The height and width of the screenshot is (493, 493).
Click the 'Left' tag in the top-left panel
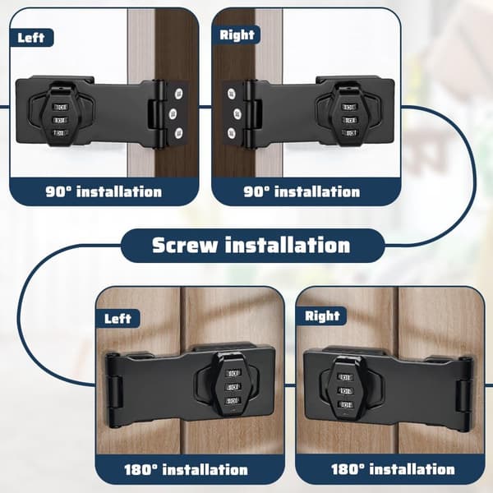click(31, 38)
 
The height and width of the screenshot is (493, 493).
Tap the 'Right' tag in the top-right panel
click(237, 35)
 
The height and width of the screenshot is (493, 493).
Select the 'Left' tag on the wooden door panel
click(117, 319)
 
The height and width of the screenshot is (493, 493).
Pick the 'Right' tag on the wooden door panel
click(322, 316)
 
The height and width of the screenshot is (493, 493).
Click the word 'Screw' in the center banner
click(185, 245)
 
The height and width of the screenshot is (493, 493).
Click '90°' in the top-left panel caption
click(58, 191)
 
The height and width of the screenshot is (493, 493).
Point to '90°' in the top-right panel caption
click(256, 191)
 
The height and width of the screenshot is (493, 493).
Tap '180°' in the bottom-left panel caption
click(141, 470)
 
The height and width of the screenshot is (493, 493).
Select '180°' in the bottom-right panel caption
click(348, 469)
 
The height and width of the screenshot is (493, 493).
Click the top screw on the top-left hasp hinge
click(178, 94)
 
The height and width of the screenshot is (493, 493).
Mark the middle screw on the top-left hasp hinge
click(173, 113)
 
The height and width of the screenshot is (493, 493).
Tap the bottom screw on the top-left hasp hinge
click(178, 133)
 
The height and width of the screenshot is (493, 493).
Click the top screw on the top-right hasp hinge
click(232, 94)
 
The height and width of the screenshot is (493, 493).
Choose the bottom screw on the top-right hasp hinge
click(232, 133)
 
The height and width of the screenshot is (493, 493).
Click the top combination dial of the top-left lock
click(61, 107)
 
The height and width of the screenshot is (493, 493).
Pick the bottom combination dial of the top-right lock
click(349, 133)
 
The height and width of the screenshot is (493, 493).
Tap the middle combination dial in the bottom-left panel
click(233, 387)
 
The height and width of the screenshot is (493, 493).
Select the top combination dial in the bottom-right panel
click(344, 376)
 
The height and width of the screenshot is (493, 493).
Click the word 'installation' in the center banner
click(288, 245)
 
